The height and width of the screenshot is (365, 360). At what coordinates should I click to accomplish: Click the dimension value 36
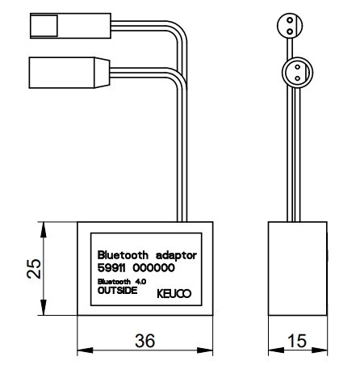[145, 341]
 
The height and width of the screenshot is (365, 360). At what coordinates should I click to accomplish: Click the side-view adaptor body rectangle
[298, 269]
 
